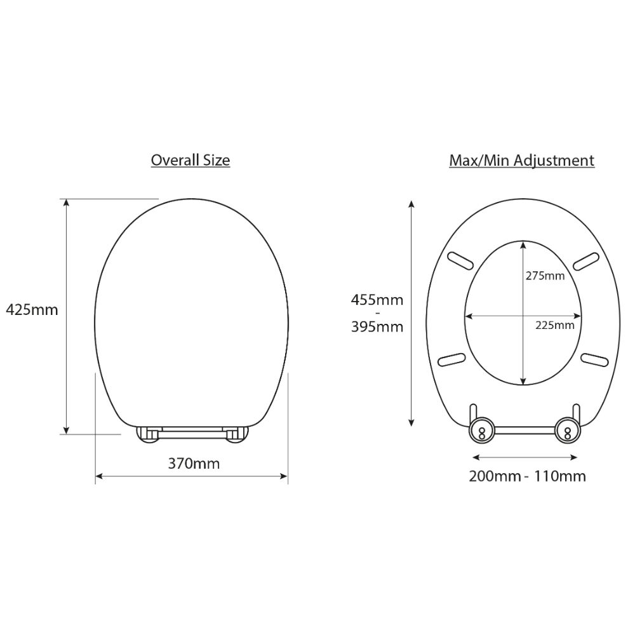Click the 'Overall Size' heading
pyautogui.click(x=190, y=161)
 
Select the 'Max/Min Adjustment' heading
pyautogui.click(x=521, y=161)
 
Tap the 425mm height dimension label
pyautogui.click(x=32, y=310)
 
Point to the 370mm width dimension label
pyautogui.click(x=194, y=464)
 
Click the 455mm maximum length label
pyautogui.click(x=377, y=300)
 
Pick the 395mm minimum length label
pyautogui.click(x=377, y=326)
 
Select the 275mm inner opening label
pyautogui.click(x=545, y=276)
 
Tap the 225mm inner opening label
pyautogui.click(x=555, y=325)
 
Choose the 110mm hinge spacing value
pyautogui.click(x=559, y=476)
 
